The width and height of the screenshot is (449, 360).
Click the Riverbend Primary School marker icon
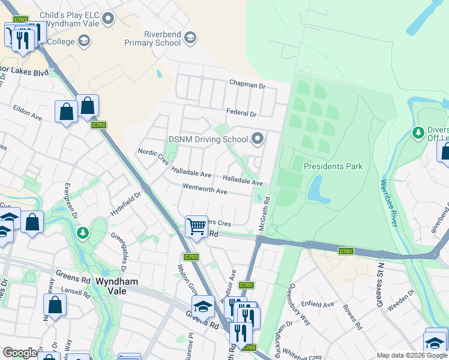coord(190,38)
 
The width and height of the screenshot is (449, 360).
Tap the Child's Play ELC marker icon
coord(108,19)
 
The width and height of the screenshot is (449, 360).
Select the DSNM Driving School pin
coord(258,139)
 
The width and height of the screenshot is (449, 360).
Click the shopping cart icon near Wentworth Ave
coord(196,227)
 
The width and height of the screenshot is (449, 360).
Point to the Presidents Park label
coord(333,166)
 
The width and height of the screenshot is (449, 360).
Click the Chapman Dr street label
coord(246,86)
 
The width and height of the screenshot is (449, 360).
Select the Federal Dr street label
coord(241,113)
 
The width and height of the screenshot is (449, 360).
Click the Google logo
coord(20,353)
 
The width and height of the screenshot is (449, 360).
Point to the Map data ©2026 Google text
coord(411,355)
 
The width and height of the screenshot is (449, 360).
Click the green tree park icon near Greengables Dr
coord(83,232)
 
